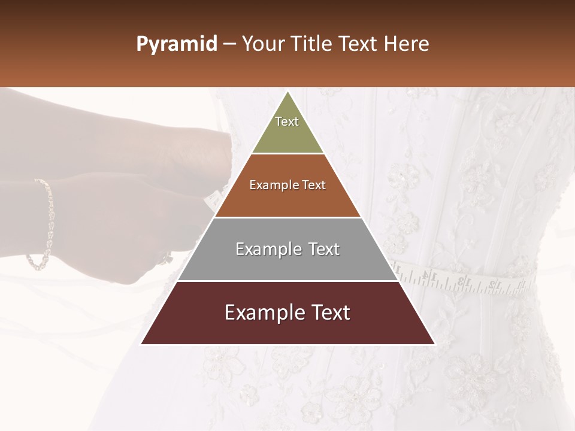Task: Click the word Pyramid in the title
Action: [x=176, y=44]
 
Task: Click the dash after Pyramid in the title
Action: [x=229, y=44]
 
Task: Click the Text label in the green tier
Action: [x=287, y=122]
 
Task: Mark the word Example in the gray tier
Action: [x=268, y=249]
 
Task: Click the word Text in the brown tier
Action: [x=314, y=185]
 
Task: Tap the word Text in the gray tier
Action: [x=324, y=249]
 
